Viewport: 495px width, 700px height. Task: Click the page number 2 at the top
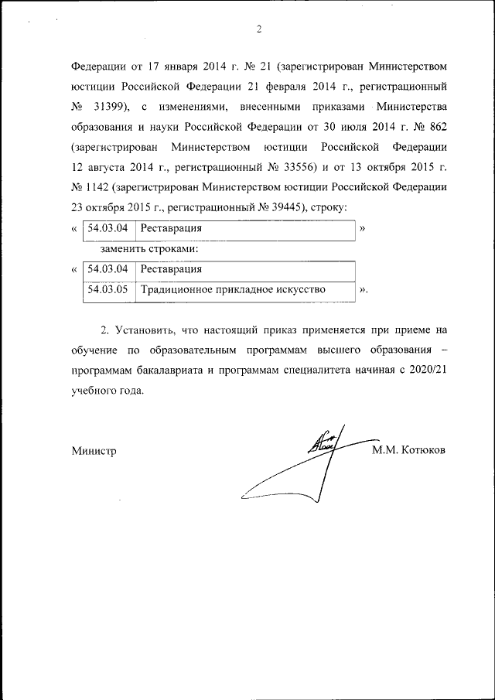click(x=259, y=29)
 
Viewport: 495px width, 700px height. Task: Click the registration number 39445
click(x=284, y=208)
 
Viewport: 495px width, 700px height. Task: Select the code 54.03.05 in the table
click(x=108, y=290)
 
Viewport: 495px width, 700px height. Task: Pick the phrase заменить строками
click(x=150, y=250)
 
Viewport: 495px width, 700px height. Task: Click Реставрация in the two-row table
click(x=171, y=270)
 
